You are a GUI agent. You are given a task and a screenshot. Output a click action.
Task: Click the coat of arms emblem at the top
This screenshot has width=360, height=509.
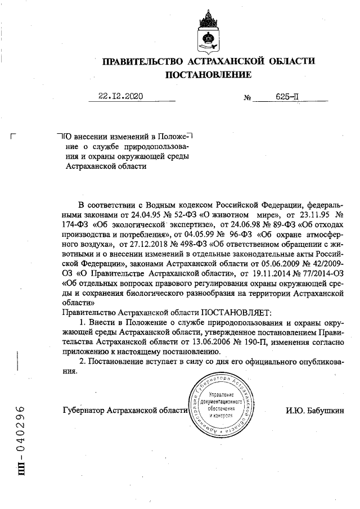(x=208, y=32)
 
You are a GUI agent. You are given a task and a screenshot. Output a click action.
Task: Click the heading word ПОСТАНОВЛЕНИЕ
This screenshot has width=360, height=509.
(x=208, y=74)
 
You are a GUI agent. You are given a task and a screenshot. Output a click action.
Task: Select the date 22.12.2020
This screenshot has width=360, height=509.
(x=120, y=96)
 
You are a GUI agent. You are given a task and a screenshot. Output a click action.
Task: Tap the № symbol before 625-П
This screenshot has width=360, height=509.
(x=247, y=97)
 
